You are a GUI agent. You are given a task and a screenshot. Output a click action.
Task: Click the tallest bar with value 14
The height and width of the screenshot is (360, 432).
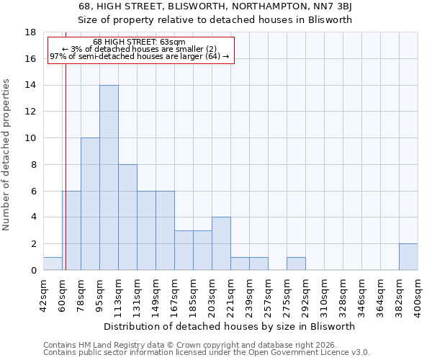(x=109, y=178)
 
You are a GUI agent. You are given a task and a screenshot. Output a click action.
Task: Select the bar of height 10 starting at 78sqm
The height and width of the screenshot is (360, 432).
(x=90, y=204)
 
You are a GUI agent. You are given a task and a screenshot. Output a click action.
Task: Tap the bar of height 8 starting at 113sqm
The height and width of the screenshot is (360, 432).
(x=127, y=217)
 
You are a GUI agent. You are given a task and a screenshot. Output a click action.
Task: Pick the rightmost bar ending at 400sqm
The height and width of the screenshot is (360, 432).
(x=408, y=257)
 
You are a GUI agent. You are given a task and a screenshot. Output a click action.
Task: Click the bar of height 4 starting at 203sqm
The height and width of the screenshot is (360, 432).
(x=221, y=243)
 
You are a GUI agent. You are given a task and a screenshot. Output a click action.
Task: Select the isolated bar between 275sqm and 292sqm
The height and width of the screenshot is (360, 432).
(x=296, y=264)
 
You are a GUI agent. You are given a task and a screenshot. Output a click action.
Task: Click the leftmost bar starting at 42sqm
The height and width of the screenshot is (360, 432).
(x=53, y=264)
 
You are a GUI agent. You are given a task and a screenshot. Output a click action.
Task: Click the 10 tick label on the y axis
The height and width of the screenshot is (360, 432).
(x=30, y=138)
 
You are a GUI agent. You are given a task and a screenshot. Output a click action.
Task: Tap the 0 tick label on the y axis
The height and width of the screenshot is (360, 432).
(x=33, y=270)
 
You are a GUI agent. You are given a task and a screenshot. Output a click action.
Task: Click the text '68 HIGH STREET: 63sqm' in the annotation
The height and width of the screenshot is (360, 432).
(x=140, y=42)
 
